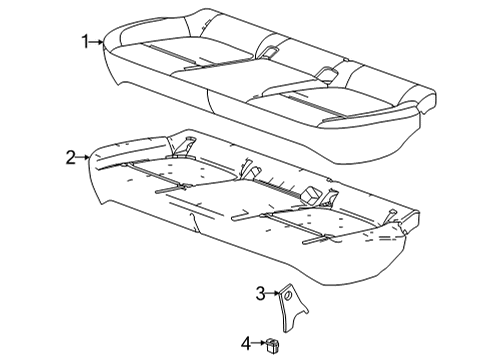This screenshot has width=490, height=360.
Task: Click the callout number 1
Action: click(87, 41)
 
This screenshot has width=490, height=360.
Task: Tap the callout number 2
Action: click(71, 156)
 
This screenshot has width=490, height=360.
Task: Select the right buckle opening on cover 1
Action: click(327, 71)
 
